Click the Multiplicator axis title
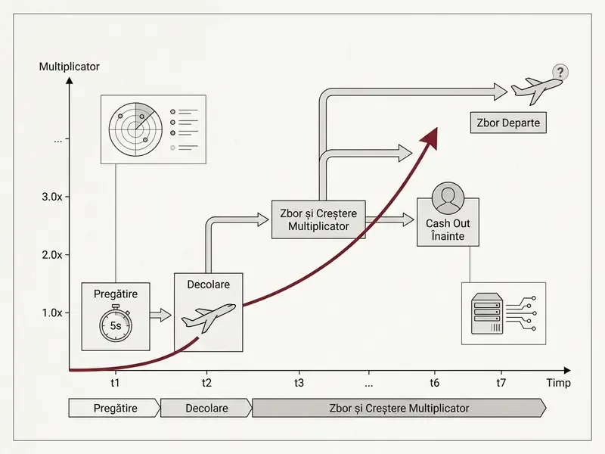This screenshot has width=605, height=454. pyautogui.click(x=69, y=67)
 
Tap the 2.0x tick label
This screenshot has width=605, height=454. pyautogui.click(x=52, y=255)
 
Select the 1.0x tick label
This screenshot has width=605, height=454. pyautogui.click(x=52, y=313)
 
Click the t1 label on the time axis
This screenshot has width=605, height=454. pyautogui.click(x=115, y=383)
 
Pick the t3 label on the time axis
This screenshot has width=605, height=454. pyautogui.click(x=299, y=383)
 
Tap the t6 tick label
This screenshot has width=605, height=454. pyautogui.click(x=434, y=383)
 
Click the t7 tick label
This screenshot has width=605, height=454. pyautogui.click(x=501, y=383)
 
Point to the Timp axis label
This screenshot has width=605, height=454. pyautogui.click(x=558, y=383)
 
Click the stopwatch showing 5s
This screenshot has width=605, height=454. pyautogui.click(x=116, y=324)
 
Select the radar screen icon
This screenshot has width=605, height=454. pyautogui.click(x=135, y=129)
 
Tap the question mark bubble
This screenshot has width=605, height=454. pyautogui.click(x=560, y=72)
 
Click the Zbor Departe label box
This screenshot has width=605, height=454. pyautogui.click(x=508, y=123)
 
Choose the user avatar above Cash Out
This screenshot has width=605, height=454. pyautogui.click(x=448, y=198)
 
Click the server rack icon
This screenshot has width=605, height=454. pyautogui.click(x=487, y=313)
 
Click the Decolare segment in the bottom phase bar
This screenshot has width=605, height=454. pyautogui.click(x=206, y=408)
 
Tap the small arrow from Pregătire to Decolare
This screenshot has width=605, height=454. pyautogui.click(x=160, y=315)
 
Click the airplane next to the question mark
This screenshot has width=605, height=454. pyautogui.click(x=536, y=89)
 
